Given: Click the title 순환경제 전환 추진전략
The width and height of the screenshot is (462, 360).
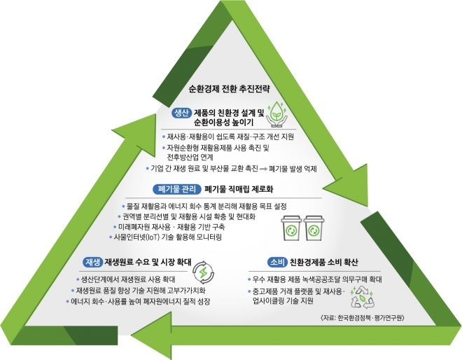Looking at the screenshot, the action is [229, 89].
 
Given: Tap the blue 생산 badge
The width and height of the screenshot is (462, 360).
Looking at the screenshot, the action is [181, 113].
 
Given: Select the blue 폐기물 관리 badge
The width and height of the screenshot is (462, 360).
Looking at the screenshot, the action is [177, 189].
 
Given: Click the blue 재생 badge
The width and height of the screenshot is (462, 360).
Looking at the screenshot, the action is [92, 262].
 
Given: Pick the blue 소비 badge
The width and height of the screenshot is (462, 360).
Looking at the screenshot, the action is [277, 262].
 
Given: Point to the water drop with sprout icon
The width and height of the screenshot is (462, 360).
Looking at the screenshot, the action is [276, 114].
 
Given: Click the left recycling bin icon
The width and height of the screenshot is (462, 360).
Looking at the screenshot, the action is [291, 228].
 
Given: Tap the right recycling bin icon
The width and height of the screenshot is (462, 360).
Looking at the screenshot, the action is [314, 228].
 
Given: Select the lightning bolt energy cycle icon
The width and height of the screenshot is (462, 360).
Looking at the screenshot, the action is [203, 272].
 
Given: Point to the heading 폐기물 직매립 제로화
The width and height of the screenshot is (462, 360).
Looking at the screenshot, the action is [239, 189].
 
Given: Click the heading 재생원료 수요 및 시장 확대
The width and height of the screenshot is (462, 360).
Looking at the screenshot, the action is [148, 262].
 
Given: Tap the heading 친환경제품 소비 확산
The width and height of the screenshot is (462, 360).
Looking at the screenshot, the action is [324, 262].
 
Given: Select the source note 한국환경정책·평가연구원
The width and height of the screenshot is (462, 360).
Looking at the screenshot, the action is [362, 318].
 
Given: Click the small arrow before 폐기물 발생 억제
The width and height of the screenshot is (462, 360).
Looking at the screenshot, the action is [263, 169].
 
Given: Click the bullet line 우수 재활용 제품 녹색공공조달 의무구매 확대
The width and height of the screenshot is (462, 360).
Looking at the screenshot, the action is [315, 279].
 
